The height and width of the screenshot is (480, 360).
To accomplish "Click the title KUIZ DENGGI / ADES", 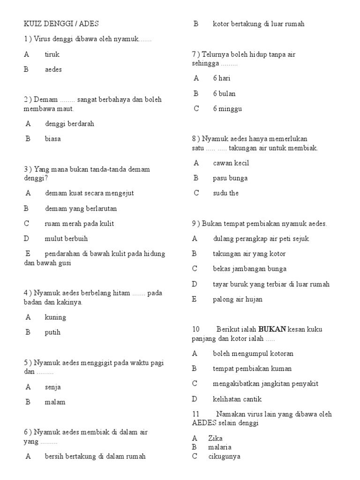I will (x=61, y=24).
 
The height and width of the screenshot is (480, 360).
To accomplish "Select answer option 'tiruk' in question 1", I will (x=52, y=54).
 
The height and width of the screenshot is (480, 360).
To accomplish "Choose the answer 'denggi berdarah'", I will (x=69, y=124).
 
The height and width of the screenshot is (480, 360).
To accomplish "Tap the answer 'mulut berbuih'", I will (x=66, y=239).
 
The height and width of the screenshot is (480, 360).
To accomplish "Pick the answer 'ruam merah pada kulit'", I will (x=79, y=224).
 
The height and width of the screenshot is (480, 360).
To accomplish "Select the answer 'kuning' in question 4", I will (x=55, y=317).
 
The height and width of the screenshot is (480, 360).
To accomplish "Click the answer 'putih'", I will (x=52, y=332).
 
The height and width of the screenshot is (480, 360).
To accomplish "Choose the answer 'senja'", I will (x=53, y=387).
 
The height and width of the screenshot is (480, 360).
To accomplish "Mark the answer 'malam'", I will (x=55, y=402).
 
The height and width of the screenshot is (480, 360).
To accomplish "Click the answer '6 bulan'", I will (x=224, y=94).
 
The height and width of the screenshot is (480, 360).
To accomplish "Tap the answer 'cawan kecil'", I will (x=231, y=163).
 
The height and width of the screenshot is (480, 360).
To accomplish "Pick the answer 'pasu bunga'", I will (x=230, y=178).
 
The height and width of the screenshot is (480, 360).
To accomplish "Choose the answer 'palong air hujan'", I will (x=238, y=299).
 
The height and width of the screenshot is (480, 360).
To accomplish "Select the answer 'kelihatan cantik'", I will (x=237, y=399).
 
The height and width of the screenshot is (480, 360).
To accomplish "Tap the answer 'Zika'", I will (x=216, y=438).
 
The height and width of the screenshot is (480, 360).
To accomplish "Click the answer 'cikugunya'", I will (x=224, y=456).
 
